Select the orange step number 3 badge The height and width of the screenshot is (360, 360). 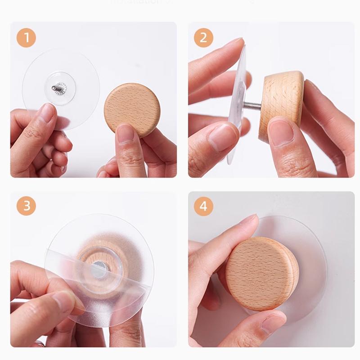tap(27, 206)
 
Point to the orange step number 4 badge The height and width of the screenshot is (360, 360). tap(203, 206)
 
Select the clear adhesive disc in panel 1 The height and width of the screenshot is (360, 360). tap(81, 67)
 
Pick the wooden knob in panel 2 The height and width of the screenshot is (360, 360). tap(283, 101)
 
